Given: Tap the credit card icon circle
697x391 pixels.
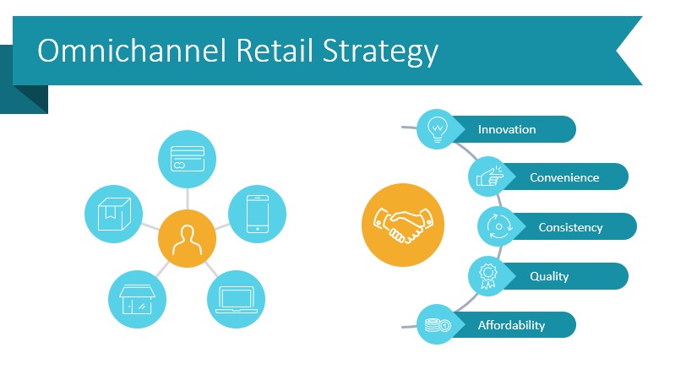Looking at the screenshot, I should click(x=187, y=159).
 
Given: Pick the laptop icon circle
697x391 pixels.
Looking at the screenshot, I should click(x=237, y=299).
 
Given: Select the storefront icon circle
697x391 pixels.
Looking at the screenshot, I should click(x=137, y=299).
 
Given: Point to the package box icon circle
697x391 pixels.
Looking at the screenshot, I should click(x=114, y=212).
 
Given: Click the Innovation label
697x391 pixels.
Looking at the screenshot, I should click(x=507, y=129).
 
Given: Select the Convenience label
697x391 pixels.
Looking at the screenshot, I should click(x=564, y=177).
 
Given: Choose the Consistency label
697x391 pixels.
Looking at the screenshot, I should click(x=570, y=227).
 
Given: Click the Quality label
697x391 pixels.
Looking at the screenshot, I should click(x=549, y=276).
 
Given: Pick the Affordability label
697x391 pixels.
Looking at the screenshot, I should click(x=511, y=325).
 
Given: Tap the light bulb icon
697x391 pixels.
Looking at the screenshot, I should click(x=437, y=129).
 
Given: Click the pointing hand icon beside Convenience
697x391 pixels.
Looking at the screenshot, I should click(x=489, y=177).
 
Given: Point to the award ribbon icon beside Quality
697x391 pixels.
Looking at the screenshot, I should click(x=489, y=276).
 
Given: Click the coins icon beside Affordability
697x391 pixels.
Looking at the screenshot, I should click(x=437, y=325).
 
